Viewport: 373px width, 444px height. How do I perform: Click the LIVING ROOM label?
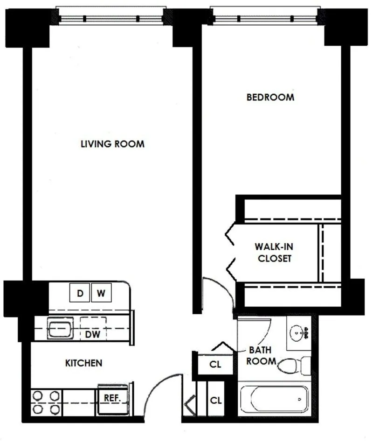[112, 144]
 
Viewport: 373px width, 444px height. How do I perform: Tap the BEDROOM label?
[270, 98]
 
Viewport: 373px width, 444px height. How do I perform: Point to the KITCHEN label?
[83, 363]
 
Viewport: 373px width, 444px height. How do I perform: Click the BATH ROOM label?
[261, 355]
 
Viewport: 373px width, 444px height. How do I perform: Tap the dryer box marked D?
[80, 294]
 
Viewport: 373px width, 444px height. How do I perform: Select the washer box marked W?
[101, 294]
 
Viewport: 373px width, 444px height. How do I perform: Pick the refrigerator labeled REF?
[112, 398]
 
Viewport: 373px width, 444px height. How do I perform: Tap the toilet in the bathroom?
[293, 365]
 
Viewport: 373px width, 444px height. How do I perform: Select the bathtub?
[274, 400]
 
